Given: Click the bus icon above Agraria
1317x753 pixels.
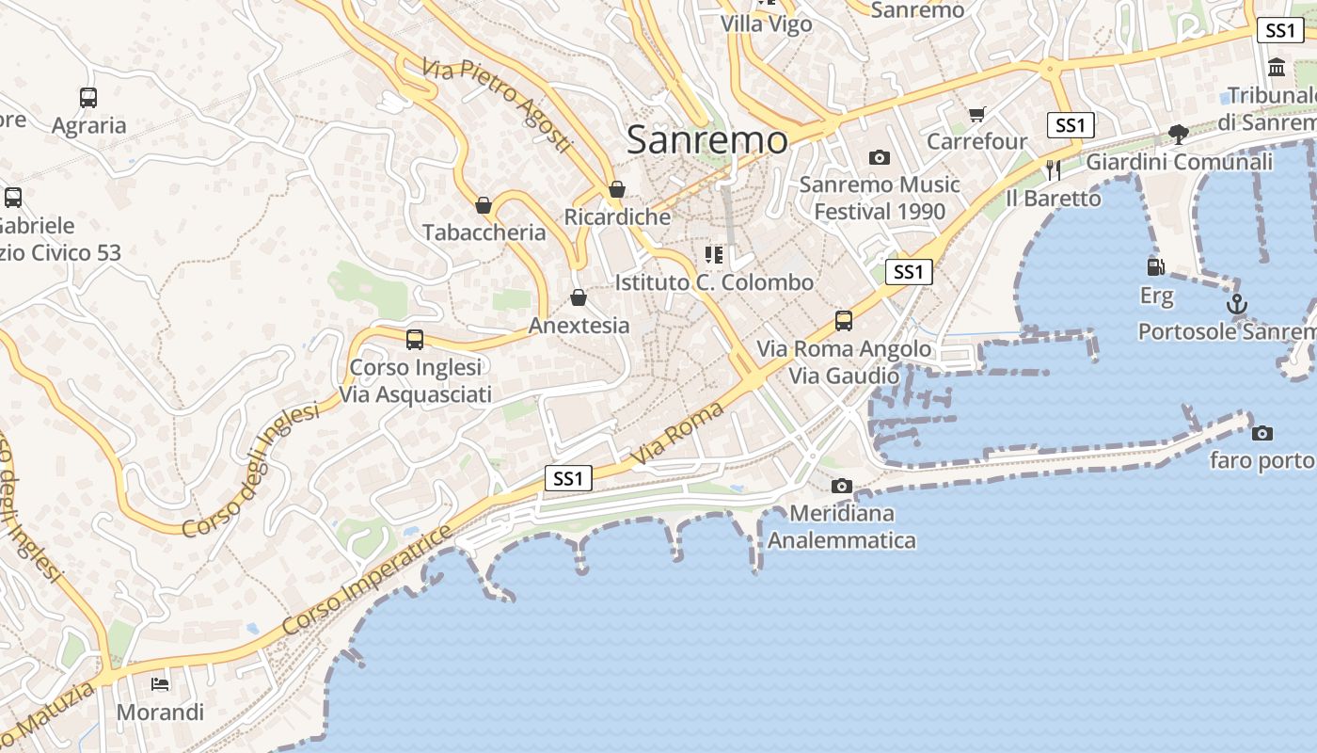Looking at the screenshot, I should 88,97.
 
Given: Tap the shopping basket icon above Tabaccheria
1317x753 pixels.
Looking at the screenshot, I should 484,205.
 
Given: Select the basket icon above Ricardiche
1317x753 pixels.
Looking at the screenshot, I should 617,189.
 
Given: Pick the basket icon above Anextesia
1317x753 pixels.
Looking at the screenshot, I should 579,297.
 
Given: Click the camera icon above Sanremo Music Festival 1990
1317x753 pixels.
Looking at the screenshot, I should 880,157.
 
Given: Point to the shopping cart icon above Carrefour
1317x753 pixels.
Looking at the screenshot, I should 977,114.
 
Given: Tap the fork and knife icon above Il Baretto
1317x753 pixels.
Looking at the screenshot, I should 1054,169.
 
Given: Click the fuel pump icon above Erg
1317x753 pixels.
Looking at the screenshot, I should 1156,266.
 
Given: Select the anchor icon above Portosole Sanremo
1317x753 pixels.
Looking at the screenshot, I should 1238,304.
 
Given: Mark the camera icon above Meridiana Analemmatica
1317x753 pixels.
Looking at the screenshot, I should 842,486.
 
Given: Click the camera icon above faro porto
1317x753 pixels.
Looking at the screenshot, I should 1262,433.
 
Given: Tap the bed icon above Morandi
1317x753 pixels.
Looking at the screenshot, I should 161,683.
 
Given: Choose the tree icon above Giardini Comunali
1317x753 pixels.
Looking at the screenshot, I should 1179,134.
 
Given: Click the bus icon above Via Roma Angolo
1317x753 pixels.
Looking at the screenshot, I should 844,321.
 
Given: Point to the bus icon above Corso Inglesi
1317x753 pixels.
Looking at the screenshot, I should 415,339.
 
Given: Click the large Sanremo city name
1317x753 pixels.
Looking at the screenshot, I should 707,140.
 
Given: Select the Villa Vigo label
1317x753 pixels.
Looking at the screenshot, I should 767,24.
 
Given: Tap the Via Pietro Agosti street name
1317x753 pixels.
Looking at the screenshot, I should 497,104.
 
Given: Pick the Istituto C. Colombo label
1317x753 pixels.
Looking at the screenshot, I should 714,282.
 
